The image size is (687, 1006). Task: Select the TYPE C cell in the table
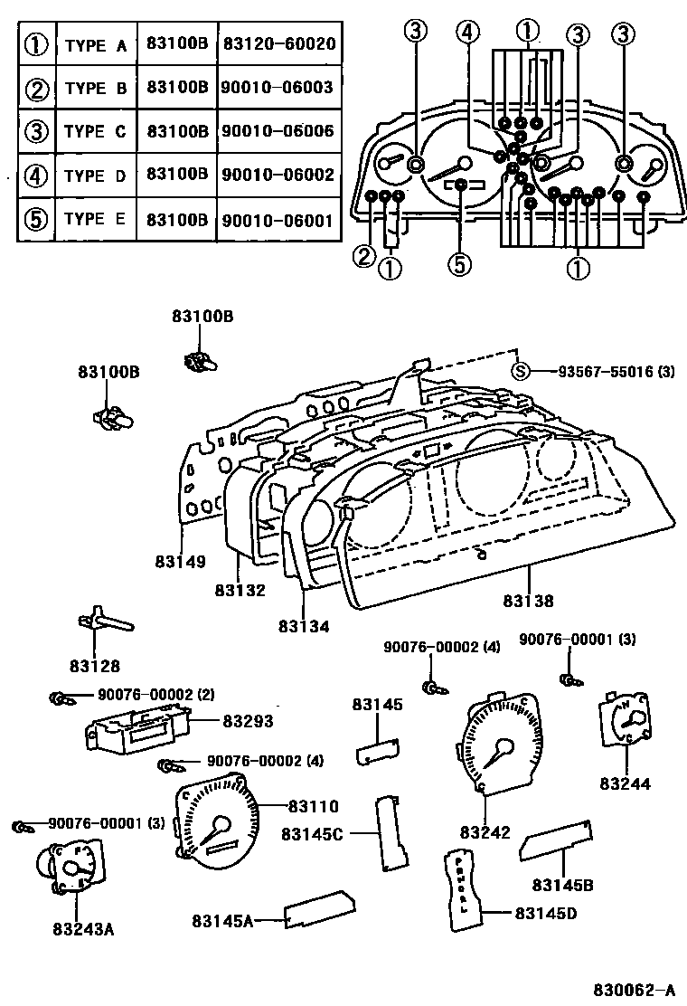pyautogui.click(x=95, y=131)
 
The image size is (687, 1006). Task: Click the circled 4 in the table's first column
pyautogui.click(x=37, y=176)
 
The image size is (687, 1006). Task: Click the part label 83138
pyautogui.click(x=529, y=600)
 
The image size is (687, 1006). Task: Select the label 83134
pyautogui.click(x=304, y=626)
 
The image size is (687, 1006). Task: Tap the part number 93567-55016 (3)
pyautogui.click(x=602, y=371)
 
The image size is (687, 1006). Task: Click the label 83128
pyautogui.click(x=95, y=667)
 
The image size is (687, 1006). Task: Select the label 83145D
pyautogui.click(x=545, y=914)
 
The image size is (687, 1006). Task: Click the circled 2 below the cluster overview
pyautogui.click(x=364, y=258)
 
